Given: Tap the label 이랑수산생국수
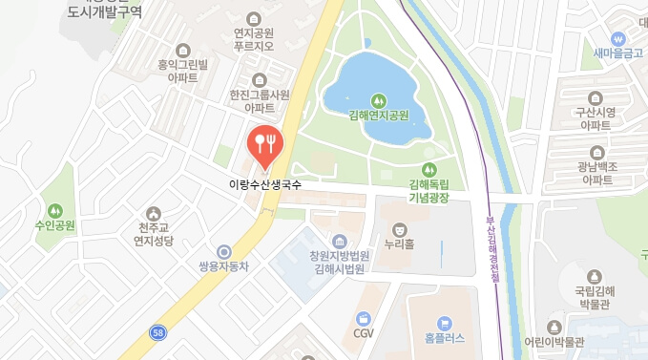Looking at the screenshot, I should click(x=264, y=184).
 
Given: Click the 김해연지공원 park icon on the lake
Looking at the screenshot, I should click(x=379, y=99).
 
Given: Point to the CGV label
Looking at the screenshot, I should click(x=363, y=334).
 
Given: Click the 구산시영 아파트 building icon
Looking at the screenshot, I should click(x=597, y=97).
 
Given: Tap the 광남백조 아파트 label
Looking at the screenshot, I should click(x=597, y=173).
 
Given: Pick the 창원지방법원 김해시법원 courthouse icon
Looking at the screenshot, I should click(x=339, y=241).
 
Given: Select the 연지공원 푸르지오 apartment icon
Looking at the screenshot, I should click(x=254, y=18).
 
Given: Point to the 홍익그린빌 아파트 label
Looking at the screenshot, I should click(x=190, y=73).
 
